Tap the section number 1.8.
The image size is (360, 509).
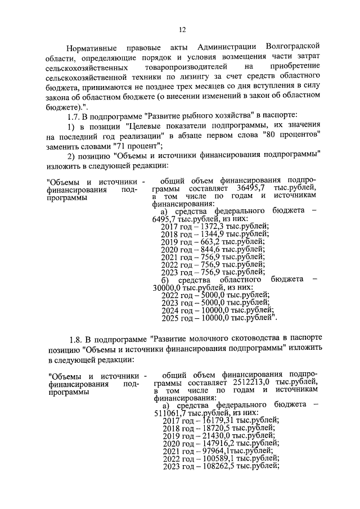click(77, 339)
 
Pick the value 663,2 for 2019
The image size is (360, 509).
click(207, 242)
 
